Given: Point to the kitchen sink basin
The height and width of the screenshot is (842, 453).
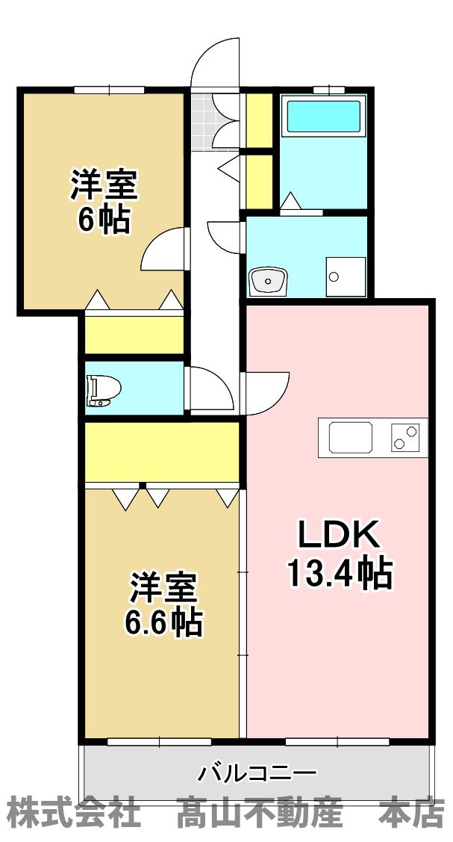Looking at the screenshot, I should [x=346, y=437].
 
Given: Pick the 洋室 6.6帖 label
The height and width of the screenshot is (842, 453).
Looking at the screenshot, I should [x=163, y=604].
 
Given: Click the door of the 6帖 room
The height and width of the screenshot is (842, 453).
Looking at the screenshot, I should [x=163, y=249].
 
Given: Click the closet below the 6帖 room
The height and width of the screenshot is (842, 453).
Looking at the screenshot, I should [x=134, y=335].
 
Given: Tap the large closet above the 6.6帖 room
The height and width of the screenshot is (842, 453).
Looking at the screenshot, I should [x=161, y=453].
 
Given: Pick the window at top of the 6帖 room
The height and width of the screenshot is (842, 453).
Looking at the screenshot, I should [x=110, y=89].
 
